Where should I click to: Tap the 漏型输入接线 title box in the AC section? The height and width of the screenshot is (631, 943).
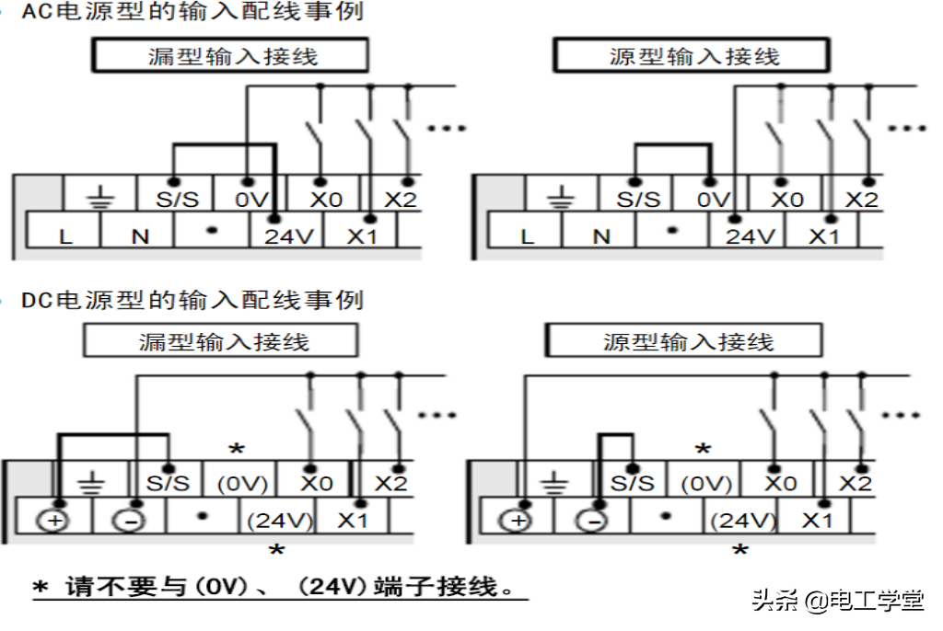pyautogui.click(x=229, y=56)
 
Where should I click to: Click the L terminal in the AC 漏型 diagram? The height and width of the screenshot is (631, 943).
pyautogui.click(x=65, y=236)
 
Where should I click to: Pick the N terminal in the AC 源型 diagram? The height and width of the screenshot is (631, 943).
pyautogui.click(x=601, y=236)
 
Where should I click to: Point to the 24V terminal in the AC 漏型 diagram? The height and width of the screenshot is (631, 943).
pyautogui.click(x=288, y=236)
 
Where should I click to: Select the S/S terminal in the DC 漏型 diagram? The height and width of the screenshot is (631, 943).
pyautogui.click(x=168, y=483)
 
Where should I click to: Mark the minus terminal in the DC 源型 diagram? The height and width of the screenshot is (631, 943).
pyautogui.click(x=595, y=521)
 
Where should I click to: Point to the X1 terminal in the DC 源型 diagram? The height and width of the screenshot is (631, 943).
pyautogui.click(x=816, y=521)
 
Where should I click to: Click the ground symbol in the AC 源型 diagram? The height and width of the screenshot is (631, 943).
pyautogui.click(x=555, y=199)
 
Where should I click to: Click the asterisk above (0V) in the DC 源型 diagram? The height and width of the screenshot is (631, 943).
pyautogui.click(x=703, y=450)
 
